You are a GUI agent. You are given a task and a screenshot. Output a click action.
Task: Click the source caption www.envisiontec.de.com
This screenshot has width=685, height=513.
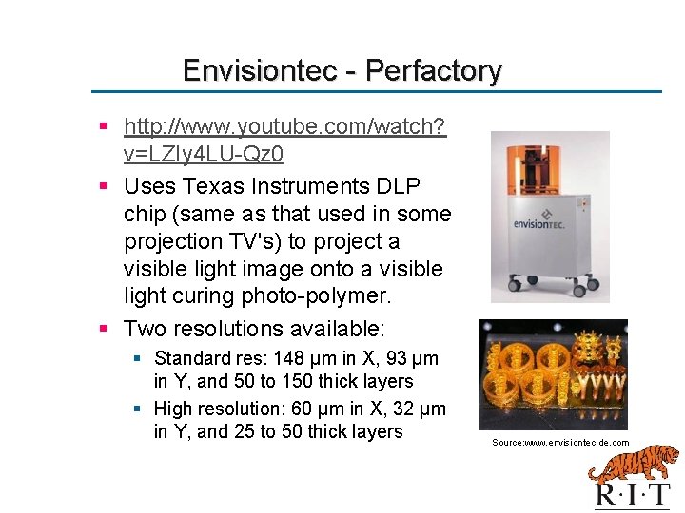pyautogui.click(x=560, y=443)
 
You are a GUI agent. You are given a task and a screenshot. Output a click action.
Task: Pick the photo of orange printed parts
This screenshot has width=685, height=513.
pyautogui.click(x=553, y=374)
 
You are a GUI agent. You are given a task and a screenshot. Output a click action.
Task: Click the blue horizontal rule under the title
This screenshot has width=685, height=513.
pyautogui.click(x=376, y=92)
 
